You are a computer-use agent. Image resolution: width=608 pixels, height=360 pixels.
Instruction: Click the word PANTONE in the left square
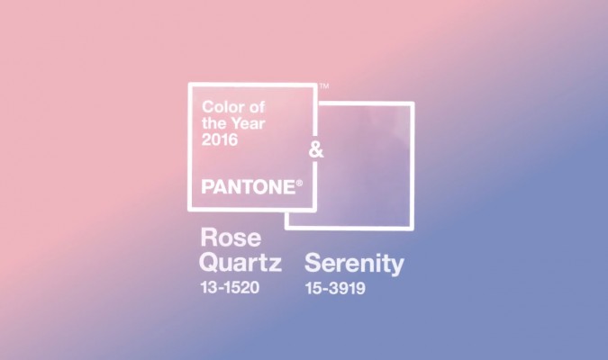click(x=249, y=187)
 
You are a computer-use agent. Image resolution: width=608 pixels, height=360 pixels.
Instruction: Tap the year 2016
click(x=220, y=139)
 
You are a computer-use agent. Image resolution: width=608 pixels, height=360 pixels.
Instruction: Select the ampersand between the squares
click(x=316, y=150)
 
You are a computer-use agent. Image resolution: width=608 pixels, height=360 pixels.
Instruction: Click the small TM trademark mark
click(x=324, y=85)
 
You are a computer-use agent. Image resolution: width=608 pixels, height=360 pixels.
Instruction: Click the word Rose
click(x=231, y=238)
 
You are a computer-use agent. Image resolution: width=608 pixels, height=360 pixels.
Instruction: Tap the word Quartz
click(x=240, y=262)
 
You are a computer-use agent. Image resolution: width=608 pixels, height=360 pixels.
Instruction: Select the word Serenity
click(x=354, y=265)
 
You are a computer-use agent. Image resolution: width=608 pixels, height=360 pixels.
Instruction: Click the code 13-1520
click(x=230, y=287)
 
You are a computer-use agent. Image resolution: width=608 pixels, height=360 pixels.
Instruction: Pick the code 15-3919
click(x=335, y=288)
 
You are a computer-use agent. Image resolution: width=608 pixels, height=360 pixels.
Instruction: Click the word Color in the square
click(x=222, y=106)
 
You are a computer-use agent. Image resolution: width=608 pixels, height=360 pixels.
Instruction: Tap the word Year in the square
click(x=250, y=123)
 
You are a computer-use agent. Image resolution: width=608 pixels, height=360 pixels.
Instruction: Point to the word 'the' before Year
click(x=215, y=123)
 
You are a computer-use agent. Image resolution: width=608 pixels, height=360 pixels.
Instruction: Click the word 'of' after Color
click(x=257, y=106)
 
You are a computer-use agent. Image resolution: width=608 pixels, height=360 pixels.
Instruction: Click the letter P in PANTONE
click(x=207, y=187)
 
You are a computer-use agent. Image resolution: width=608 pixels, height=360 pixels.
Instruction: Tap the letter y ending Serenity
click(x=398, y=267)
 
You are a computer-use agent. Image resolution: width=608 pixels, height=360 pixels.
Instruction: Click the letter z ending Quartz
click(x=276, y=265)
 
